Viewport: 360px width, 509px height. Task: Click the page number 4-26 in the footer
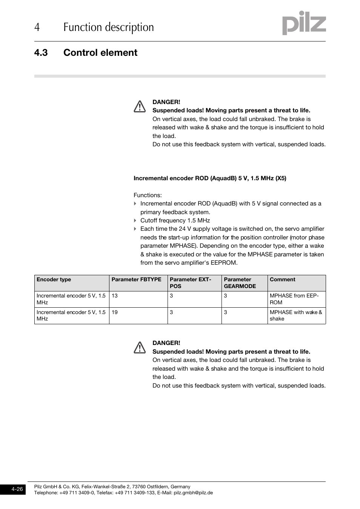17,489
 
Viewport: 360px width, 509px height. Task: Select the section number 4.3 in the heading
41,53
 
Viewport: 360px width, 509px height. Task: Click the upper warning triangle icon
140,107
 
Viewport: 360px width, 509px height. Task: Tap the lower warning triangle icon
140,348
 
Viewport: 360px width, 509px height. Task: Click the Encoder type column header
54,279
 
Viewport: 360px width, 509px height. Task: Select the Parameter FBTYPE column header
136,279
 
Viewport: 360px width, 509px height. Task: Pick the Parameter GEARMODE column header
240,283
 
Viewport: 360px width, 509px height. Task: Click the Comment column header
282,279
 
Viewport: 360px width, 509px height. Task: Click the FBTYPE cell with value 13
115,296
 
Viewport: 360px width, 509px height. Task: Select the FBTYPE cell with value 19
115,312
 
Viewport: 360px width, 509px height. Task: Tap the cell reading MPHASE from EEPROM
294,299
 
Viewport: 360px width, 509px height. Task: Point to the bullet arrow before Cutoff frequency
135,221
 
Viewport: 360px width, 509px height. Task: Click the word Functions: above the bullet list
148,195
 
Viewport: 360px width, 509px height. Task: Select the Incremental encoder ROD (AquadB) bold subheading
210,178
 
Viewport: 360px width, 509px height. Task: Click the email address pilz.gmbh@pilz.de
193,492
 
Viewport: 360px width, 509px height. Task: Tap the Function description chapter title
109,27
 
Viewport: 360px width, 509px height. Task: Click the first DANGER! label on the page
166,102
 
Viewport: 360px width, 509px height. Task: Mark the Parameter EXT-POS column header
190,283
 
